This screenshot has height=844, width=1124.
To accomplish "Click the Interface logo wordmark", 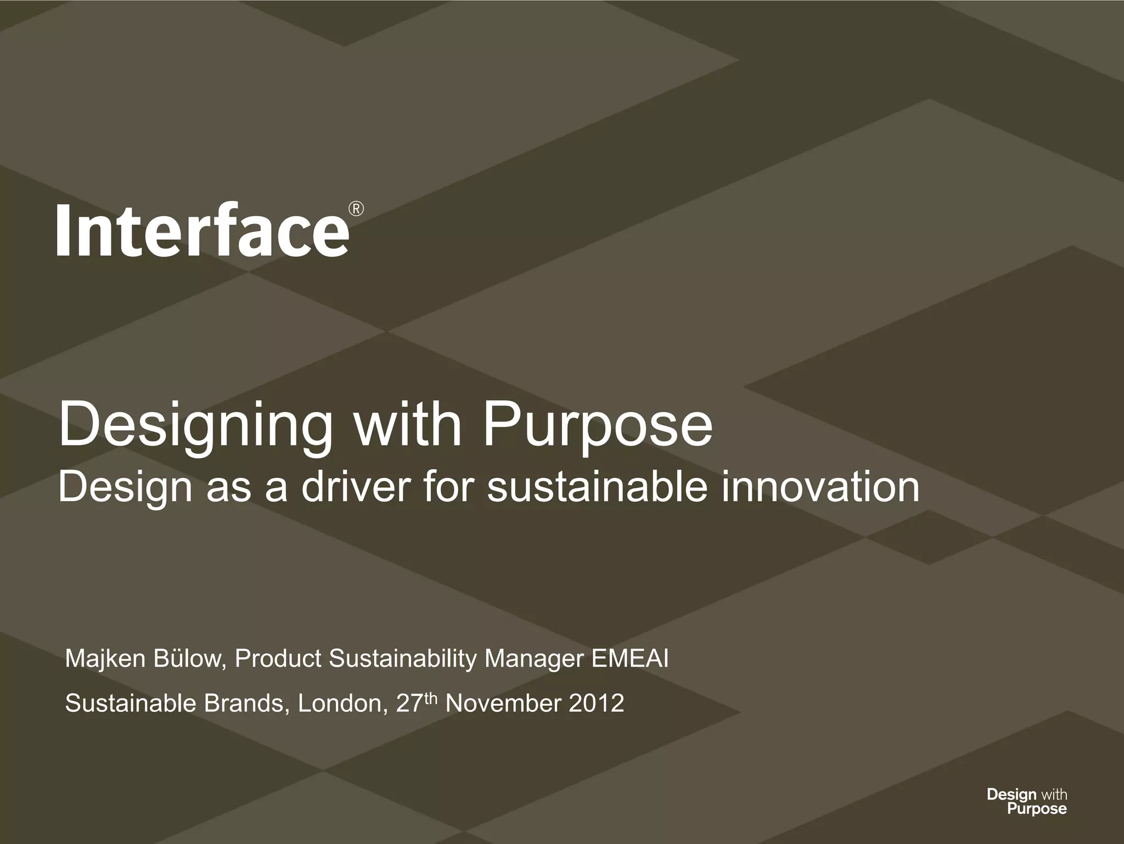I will [x=202, y=229].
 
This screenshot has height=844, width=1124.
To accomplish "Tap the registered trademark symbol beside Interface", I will [x=356, y=209].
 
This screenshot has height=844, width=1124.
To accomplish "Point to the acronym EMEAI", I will [x=630, y=659].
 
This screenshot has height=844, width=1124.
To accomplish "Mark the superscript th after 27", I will [x=431, y=697].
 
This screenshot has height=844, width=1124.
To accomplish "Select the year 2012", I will [x=596, y=703].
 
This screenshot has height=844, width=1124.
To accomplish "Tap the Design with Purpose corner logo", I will [x=1026, y=801].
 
